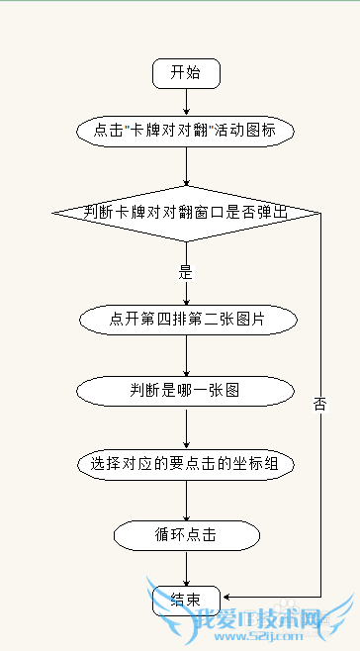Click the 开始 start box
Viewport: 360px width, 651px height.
point(186,73)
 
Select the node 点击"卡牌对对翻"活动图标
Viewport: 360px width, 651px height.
point(186,131)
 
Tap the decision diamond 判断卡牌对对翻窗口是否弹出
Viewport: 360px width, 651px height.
point(186,212)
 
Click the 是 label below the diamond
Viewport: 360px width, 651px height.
point(185,270)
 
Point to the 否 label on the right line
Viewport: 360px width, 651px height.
point(319,404)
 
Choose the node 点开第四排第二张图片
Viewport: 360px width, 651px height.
point(186,320)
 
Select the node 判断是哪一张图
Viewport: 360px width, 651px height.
point(186,391)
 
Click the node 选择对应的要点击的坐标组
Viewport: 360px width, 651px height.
point(186,463)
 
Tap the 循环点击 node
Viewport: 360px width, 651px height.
point(186,535)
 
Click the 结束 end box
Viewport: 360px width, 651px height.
point(186,600)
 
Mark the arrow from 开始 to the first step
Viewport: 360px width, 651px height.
point(186,102)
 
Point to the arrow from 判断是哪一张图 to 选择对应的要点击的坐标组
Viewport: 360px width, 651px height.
point(186,426)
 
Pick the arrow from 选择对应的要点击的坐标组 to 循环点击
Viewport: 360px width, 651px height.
point(186,499)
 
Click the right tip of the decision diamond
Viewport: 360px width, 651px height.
point(319,212)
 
